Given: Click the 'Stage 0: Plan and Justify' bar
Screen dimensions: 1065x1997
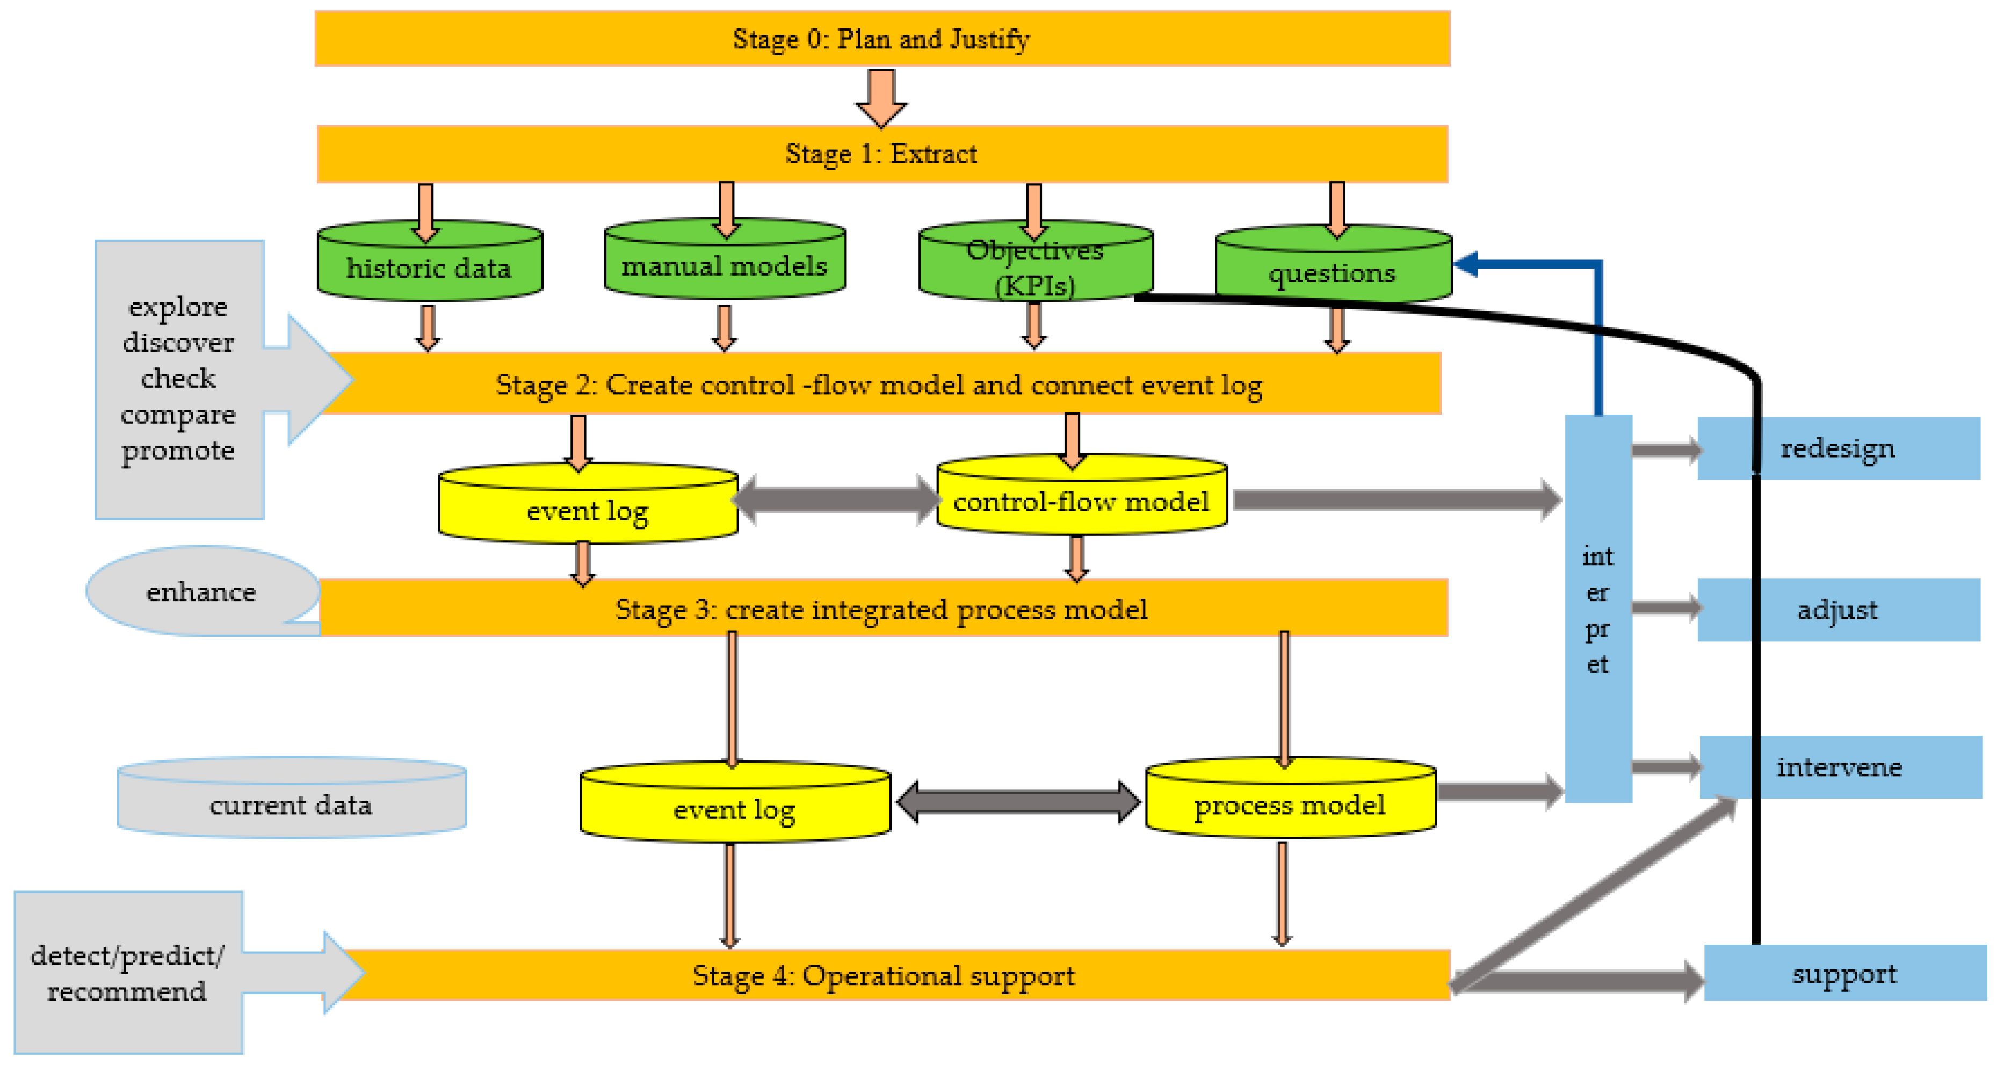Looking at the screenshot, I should pyautogui.click(x=881, y=39).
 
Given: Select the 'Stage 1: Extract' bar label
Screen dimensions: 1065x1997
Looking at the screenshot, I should pyautogui.click(x=881, y=154).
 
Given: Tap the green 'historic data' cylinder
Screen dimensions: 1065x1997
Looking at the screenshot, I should pyautogui.click(x=429, y=268).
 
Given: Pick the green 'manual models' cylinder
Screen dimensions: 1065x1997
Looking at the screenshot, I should pyautogui.click(x=724, y=266).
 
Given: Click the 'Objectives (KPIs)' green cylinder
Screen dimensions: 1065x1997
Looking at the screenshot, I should pyautogui.click(x=1035, y=267).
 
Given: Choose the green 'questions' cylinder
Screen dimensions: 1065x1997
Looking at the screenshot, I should pyautogui.click(x=1332, y=272).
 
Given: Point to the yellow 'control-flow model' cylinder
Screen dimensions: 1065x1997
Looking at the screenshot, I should pyautogui.click(x=1081, y=502).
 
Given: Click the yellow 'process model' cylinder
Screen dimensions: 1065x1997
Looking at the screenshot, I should pyautogui.click(x=1289, y=805).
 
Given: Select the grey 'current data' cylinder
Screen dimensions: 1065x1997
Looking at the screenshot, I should pyautogui.click(x=291, y=805).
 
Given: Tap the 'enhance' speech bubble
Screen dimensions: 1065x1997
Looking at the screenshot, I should pyautogui.click(x=201, y=591).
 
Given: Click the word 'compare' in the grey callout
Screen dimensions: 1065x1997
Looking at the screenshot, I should pyautogui.click(x=178, y=415).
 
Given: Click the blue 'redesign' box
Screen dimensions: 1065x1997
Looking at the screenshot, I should pyautogui.click(x=1837, y=448).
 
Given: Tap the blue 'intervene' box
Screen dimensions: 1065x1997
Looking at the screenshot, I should pyautogui.click(x=1839, y=766).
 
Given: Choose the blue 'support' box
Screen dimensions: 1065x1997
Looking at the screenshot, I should pyautogui.click(x=1843, y=974).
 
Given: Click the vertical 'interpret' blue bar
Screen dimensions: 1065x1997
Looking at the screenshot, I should pyautogui.click(x=1598, y=609).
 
